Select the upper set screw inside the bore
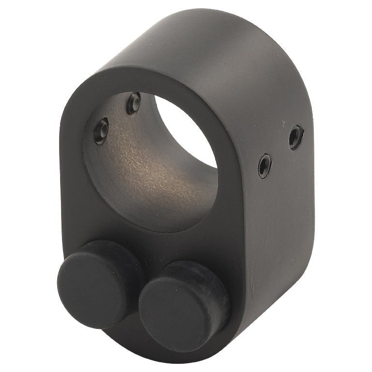tap(133, 103)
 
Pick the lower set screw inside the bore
tap(101, 131)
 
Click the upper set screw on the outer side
tap(295, 138)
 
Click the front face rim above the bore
tap(145, 80)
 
